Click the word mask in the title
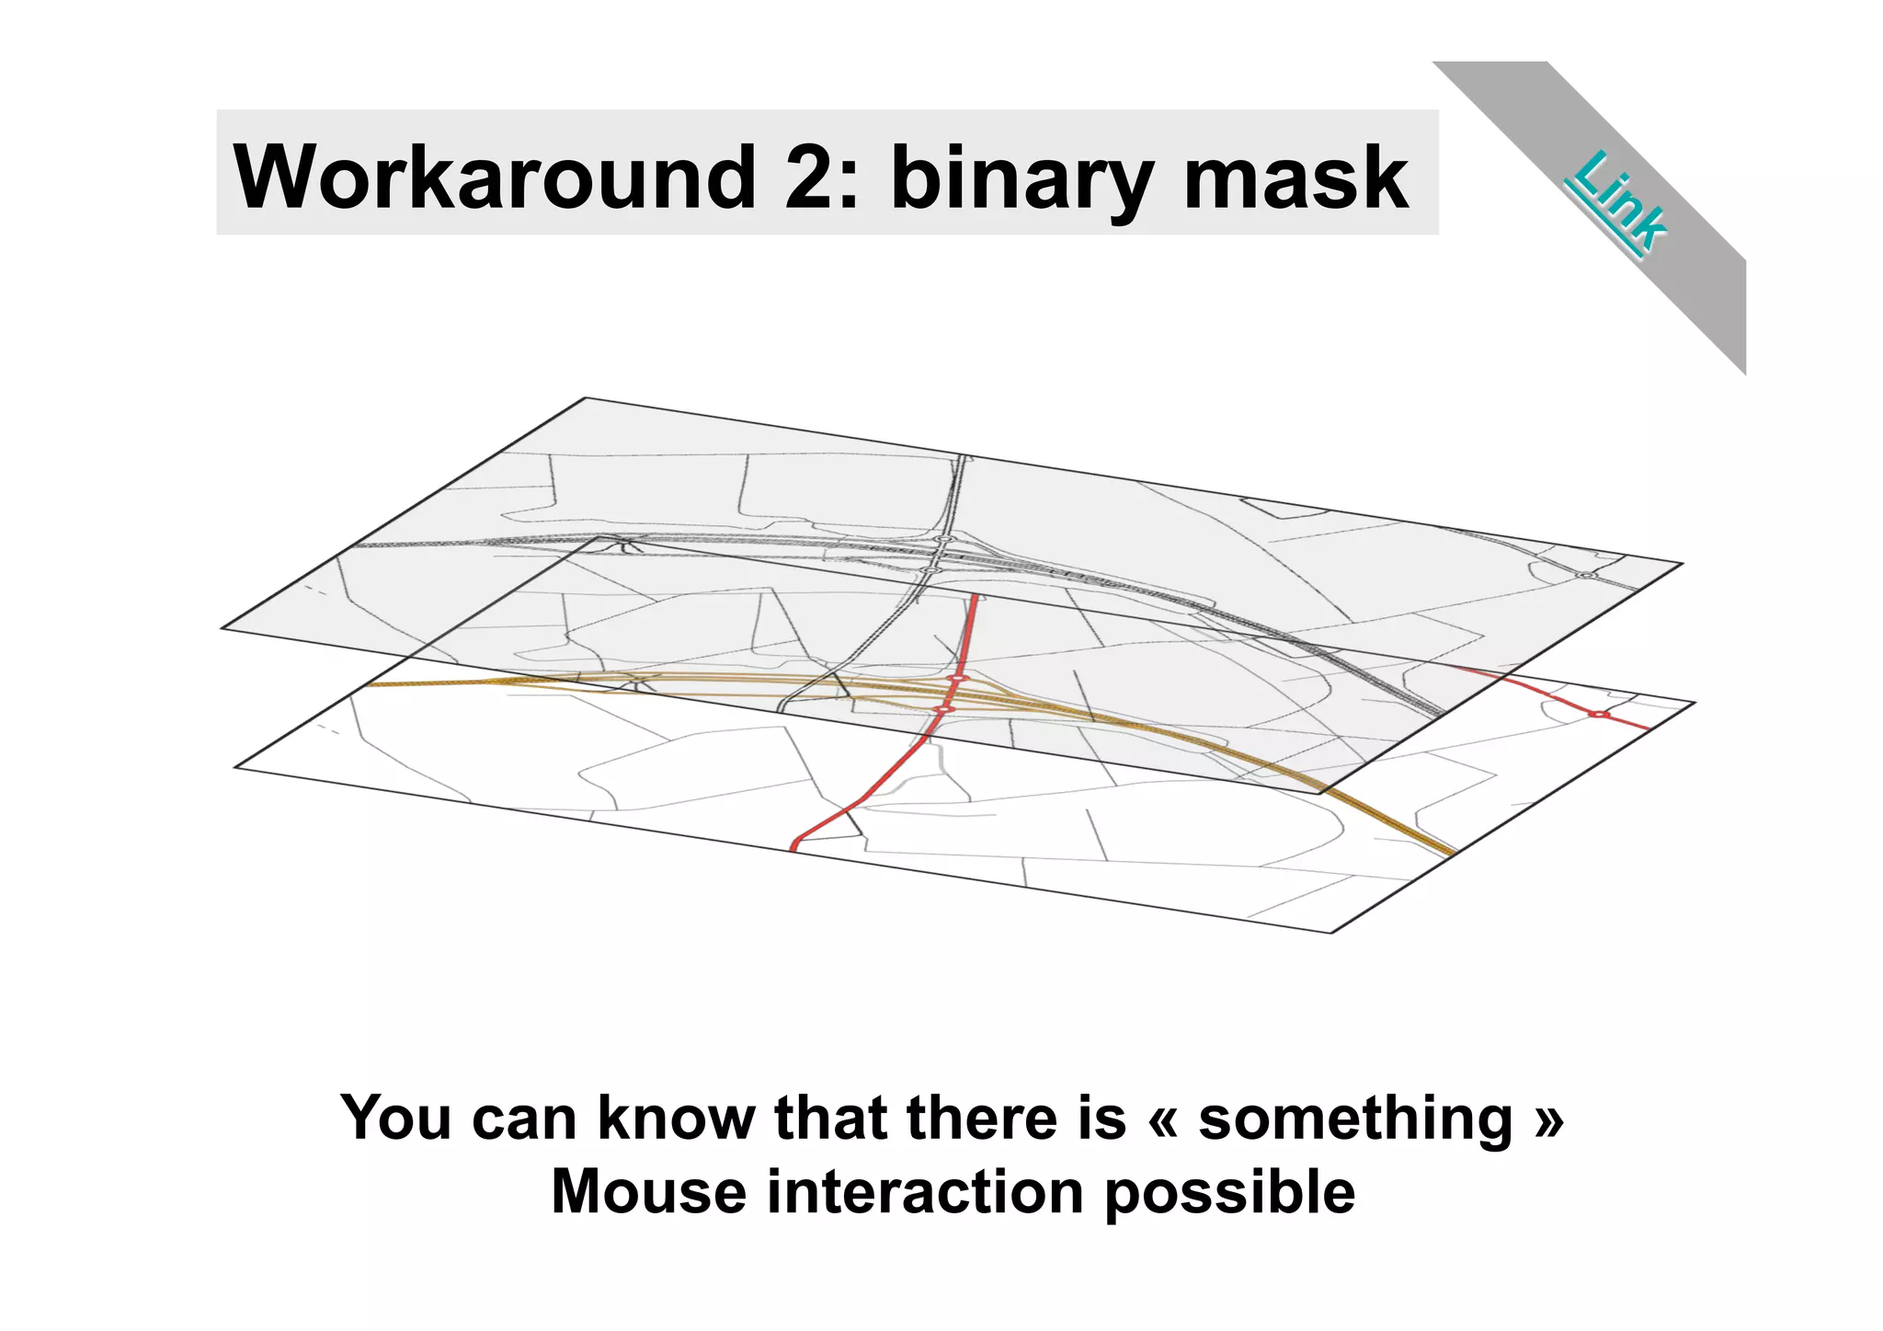coord(1295,177)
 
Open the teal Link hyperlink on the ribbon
coord(1618,201)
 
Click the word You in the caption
coord(396,1118)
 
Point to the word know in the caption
coord(675,1118)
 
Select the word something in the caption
coord(1355,1119)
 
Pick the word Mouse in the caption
coord(648,1192)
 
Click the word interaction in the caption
coord(925,1192)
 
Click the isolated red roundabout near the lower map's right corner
coord(1599,715)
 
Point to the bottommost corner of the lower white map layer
coord(1330,933)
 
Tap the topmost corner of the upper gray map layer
coord(586,398)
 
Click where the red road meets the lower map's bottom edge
coord(794,847)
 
